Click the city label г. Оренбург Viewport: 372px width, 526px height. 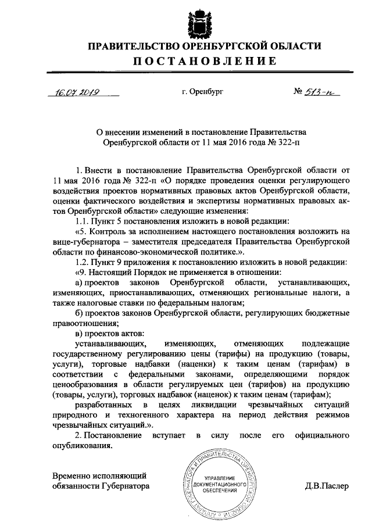[202, 92]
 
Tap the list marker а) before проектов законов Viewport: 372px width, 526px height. [79, 283]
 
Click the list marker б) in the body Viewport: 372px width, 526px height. [79, 314]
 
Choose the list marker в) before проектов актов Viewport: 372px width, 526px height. [79, 335]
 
